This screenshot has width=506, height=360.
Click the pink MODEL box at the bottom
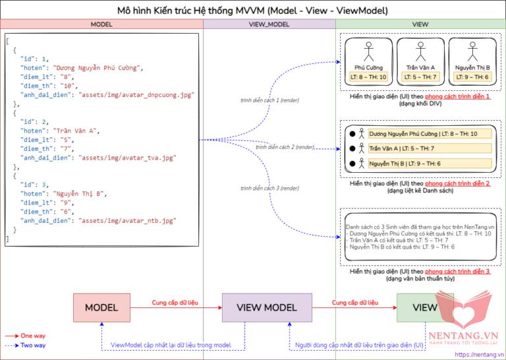click(x=101, y=307)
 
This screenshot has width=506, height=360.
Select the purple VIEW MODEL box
click(x=267, y=307)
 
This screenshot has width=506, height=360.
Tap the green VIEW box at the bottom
click(x=424, y=307)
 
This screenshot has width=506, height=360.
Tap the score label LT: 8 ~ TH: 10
click(x=369, y=77)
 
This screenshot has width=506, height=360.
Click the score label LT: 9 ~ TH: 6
click(x=472, y=77)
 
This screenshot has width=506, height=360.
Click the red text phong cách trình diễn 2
click(x=457, y=183)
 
